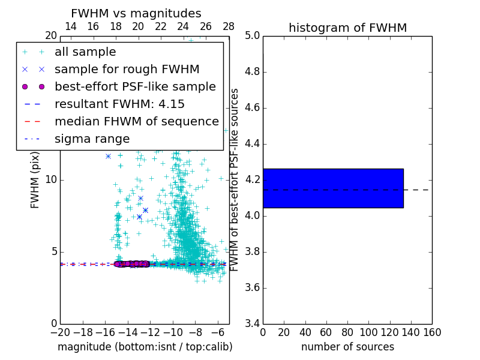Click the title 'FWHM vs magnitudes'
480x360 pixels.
point(136,13)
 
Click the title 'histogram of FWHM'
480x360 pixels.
point(347,28)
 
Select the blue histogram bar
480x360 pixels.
point(333,188)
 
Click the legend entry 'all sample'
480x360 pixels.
point(85,52)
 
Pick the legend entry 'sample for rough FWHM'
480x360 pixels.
point(127,70)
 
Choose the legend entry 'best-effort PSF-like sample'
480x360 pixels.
point(135,87)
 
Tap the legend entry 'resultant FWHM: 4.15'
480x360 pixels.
point(119,104)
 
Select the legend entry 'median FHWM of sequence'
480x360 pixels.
point(136,122)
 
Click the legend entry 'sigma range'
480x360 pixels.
point(92,139)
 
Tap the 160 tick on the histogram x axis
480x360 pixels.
point(432,332)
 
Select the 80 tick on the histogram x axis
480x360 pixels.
point(347,332)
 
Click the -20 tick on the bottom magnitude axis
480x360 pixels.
point(60,332)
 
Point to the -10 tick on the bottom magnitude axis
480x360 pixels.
point(173,332)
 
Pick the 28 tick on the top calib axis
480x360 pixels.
point(229,26)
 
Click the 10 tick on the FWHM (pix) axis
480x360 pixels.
point(50,180)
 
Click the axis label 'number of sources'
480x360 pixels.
point(347,347)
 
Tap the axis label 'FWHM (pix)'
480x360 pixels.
point(35,180)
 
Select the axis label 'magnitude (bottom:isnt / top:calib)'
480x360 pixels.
point(145,347)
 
